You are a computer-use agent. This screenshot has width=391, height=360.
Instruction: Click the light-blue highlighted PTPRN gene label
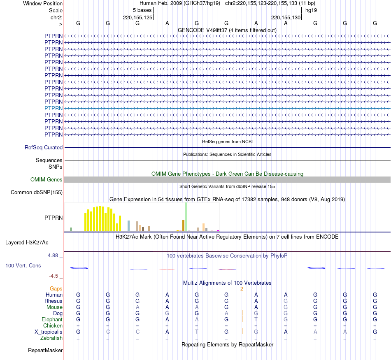[54, 108]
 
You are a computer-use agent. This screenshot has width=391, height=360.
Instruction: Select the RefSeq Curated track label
[44, 147]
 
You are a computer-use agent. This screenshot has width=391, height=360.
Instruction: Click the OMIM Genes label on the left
[47, 179]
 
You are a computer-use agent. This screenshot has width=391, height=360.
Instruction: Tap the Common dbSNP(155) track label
[37, 192]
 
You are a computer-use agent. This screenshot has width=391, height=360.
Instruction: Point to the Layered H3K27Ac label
[27, 242]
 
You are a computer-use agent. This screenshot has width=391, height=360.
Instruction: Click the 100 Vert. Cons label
[23, 265]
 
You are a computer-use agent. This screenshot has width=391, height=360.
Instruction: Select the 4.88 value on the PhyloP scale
[54, 255]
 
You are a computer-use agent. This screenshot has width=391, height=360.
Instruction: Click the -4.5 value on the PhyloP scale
[54, 276]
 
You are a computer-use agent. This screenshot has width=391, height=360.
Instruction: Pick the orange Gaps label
[56, 288]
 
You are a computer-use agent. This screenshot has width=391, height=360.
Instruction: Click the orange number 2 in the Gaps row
[242, 288]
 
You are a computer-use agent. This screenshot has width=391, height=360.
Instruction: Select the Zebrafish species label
[52, 338]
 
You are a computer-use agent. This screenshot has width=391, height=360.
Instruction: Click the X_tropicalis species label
[49, 332]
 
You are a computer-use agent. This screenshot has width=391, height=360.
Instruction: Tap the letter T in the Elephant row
[256, 319]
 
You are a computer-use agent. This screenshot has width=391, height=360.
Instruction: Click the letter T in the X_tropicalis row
[197, 332]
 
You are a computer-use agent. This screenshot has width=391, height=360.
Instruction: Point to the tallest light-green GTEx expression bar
[186, 217]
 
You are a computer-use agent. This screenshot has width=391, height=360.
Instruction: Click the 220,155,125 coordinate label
[138, 17]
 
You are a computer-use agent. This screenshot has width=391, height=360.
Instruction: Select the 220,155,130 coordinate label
[286, 17]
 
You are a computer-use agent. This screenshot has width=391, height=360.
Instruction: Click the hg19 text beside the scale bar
[311, 10]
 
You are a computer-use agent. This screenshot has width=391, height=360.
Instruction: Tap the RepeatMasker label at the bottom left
[45, 351]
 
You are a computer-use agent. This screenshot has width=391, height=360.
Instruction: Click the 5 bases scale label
[142, 10]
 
